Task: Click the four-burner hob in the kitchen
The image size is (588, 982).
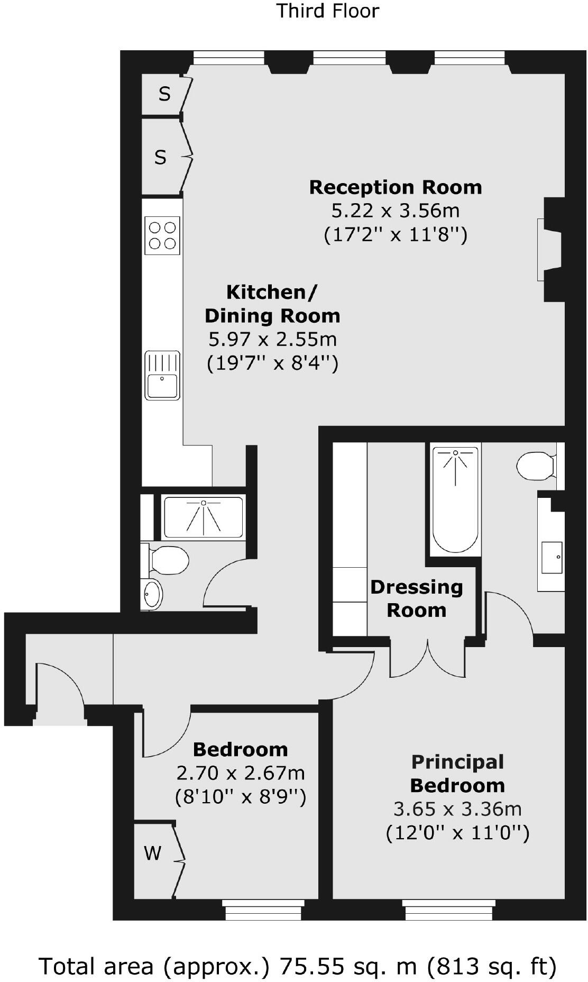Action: pos(162,235)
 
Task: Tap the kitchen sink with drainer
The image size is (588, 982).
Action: pos(162,375)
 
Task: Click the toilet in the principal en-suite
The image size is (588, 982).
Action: pos(536,466)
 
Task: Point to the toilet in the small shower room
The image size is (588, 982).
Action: pos(167,560)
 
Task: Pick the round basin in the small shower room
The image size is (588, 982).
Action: pos(152,594)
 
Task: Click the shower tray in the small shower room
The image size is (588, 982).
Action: pos(203,517)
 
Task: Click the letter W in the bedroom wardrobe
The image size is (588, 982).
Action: pos(153,853)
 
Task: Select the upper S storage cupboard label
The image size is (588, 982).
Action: pos(164,94)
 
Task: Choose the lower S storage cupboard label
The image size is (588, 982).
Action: pos(160,157)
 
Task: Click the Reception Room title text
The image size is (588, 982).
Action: pos(396,187)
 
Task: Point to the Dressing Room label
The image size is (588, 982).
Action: pos(417,598)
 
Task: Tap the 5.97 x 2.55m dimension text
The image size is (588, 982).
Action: pos(273,339)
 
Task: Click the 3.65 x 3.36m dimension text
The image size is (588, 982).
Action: pos(457,808)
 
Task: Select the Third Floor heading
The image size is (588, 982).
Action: pos(328,11)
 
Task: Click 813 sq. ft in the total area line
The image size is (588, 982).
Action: pos(492,966)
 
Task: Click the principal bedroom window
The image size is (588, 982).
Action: pos(448,910)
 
